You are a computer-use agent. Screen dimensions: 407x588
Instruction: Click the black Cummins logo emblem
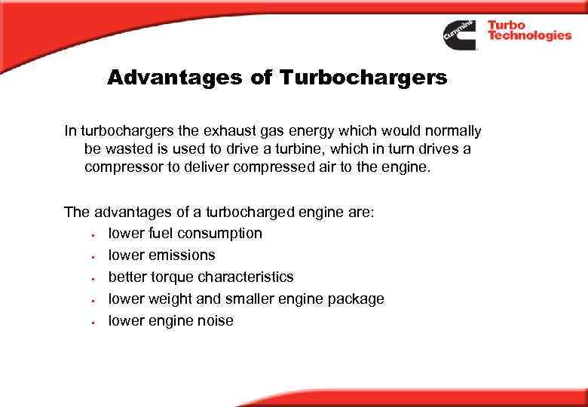(459, 35)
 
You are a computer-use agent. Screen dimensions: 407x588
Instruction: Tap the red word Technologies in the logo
(529, 35)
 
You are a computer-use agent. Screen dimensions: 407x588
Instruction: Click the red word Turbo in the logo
(507, 25)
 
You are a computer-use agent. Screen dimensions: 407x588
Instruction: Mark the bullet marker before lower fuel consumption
(91, 234)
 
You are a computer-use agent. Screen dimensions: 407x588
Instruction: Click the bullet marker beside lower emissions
(91, 256)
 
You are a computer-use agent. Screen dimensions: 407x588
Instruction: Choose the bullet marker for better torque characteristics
(91, 278)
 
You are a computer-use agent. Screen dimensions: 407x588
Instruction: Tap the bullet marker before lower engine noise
(91, 322)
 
